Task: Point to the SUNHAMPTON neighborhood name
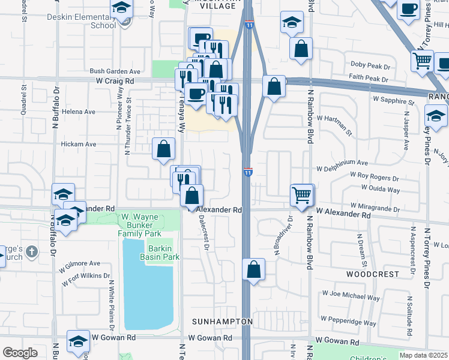click(x=222, y=322)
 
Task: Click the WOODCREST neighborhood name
click(x=372, y=274)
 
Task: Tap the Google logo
click(x=20, y=353)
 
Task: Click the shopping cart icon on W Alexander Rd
click(x=302, y=194)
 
